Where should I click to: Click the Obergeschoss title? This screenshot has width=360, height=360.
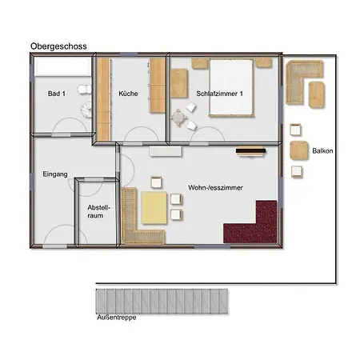(58, 46)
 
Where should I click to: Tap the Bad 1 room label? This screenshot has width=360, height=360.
(57, 94)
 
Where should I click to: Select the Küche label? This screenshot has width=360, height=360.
(128, 94)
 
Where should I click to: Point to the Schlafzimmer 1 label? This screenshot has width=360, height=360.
(219, 94)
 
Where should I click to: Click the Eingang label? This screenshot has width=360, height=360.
(55, 174)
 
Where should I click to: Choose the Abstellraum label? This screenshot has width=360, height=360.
(98, 211)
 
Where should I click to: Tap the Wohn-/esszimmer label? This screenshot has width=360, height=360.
(215, 188)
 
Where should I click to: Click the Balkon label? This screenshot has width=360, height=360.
(322, 151)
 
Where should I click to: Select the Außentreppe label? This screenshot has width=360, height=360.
(117, 318)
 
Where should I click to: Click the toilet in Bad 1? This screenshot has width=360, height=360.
(85, 90)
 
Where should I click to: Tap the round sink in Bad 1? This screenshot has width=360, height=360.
(86, 110)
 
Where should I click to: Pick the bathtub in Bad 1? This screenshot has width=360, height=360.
(63, 66)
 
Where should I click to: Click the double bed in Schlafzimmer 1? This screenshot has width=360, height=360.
(231, 88)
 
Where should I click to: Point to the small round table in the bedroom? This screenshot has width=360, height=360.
(178, 117)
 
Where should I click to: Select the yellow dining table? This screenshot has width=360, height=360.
(154, 207)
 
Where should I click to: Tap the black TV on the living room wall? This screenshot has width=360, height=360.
(250, 151)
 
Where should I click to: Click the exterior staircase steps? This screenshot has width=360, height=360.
(162, 302)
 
